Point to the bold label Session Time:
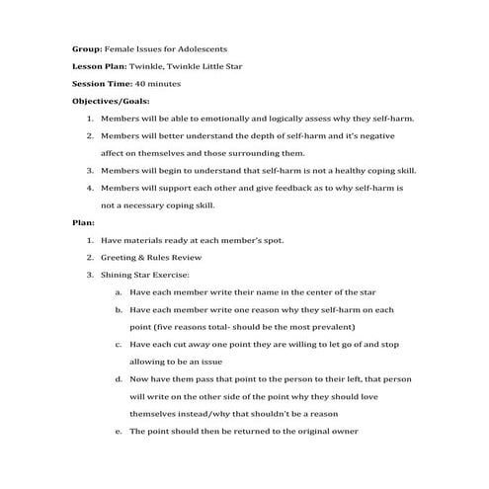[102, 84]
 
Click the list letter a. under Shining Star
[119, 292]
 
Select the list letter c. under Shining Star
[119, 345]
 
